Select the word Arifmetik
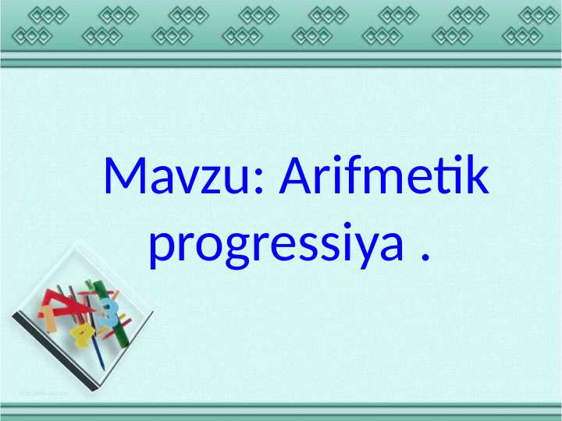pyautogui.click(x=385, y=178)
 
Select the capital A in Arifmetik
pyautogui.click(x=296, y=178)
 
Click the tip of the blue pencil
pyautogui.click(x=102, y=366)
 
